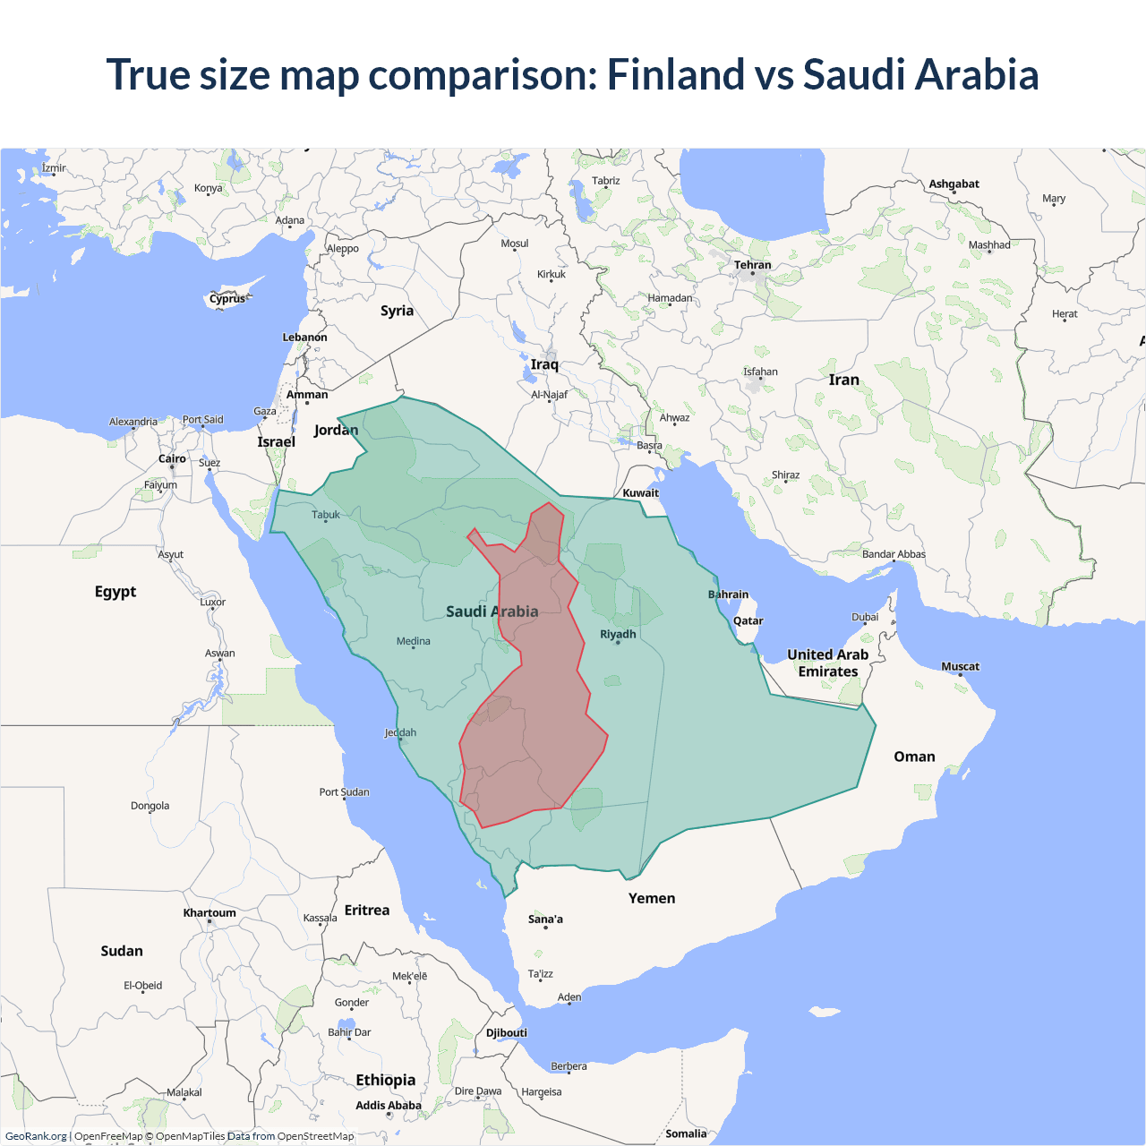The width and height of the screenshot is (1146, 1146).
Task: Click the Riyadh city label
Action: pyautogui.click(x=618, y=634)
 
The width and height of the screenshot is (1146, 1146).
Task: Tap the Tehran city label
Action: pyautogui.click(x=752, y=265)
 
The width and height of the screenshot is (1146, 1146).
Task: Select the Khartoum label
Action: pyautogui.click(x=210, y=913)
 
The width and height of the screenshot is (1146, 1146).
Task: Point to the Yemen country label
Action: pyautogui.click(x=652, y=898)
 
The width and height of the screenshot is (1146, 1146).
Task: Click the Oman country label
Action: pyautogui.click(x=914, y=757)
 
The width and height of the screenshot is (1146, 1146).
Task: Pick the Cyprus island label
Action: pyautogui.click(x=227, y=299)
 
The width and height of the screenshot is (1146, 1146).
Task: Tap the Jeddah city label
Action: pyautogui.click(x=400, y=732)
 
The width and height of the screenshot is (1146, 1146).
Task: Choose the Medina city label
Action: pyautogui.click(x=414, y=641)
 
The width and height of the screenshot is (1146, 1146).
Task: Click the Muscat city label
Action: pyautogui.click(x=960, y=666)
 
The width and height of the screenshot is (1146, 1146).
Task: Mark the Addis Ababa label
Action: pyautogui.click(x=388, y=1106)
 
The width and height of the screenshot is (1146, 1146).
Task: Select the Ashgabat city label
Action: pyautogui.click(x=954, y=184)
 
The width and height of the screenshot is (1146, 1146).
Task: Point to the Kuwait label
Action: pyautogui.click(x=640, y=492)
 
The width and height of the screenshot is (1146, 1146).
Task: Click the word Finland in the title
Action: pyautogui.click(x=675, y=74)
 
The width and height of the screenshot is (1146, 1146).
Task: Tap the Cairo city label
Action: pyautogui.click(x=172, y=458)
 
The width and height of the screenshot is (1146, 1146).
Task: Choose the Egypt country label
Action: pyautogui.click(x=115, y=592)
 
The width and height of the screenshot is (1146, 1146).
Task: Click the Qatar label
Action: pyautogui.click(x=748, y=620)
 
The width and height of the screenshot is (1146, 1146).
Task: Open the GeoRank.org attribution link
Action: pyautogui.click(x=36, y=1136)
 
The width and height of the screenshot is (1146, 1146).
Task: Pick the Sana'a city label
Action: pyautogui.click(x=545, y=919)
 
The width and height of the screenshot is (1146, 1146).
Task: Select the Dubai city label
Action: pyautogui.click(x=865, y=617)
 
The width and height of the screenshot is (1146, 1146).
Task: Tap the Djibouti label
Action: pyautogui.click(x=507, y=1032)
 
